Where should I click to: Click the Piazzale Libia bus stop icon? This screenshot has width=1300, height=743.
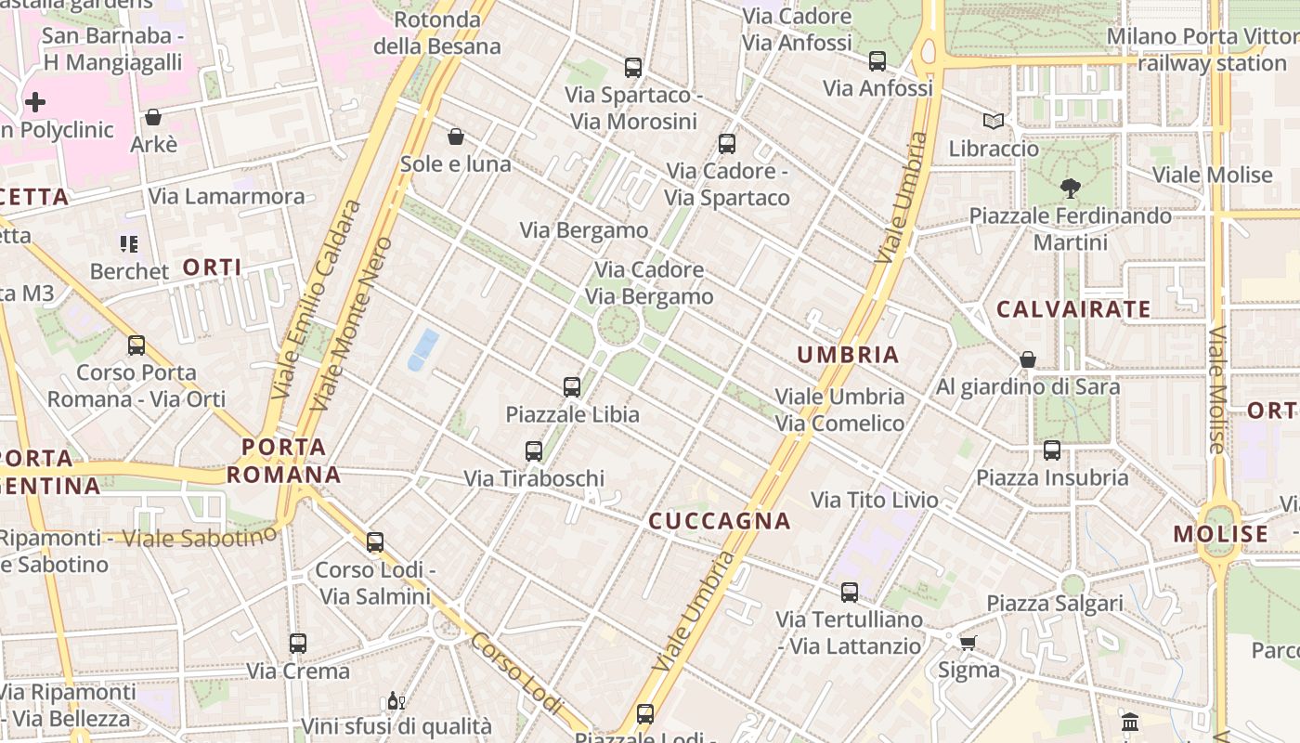(572, 386)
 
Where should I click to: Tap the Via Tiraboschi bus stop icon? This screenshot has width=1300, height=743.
(534, 451)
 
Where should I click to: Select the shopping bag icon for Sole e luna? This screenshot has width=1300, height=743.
(456, 137)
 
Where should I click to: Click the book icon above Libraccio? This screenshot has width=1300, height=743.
(994, 121)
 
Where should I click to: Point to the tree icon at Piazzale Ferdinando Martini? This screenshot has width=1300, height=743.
(1070, 189)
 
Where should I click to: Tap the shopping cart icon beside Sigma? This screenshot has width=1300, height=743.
(968, 643)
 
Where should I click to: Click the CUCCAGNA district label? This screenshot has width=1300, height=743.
(720, 521)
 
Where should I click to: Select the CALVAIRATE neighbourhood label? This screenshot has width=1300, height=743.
(1073, 309)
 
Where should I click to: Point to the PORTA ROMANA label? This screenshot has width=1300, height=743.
(284, 461)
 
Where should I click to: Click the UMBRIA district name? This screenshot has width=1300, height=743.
(848, 354)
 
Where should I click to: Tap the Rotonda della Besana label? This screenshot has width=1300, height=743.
(436, 33)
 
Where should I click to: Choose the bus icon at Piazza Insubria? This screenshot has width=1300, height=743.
(1052, 450)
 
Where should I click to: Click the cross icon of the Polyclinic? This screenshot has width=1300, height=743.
(35, 101)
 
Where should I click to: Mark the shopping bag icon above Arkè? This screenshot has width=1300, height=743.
(153, 117)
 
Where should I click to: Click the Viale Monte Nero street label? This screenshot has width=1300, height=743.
(352, 323)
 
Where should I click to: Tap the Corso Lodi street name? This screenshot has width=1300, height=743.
(516, 673)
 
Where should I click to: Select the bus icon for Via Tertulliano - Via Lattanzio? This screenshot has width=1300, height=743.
(850, 593)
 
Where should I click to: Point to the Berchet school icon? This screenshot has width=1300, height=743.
(129, 244)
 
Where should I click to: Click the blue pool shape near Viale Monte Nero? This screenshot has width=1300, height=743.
(423, 348)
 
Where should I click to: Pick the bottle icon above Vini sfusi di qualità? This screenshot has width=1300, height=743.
(395, 700)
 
